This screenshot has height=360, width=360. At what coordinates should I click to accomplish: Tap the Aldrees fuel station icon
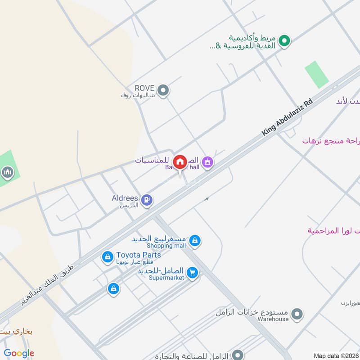click(146, 200)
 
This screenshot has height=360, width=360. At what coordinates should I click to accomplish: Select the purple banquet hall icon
click(207, 162)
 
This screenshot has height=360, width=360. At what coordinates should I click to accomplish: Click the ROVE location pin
click(164, 90)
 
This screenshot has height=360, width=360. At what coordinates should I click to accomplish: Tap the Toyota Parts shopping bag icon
click(108, 257)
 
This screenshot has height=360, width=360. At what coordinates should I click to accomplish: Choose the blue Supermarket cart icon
click(192, 273)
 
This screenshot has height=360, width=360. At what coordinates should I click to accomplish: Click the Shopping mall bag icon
click(194, 241)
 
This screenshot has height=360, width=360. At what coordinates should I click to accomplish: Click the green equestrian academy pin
click(283, 42)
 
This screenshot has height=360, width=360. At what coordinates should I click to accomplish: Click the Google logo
click(19, 353)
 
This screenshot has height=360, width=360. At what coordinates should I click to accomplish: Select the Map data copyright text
click(336, 355)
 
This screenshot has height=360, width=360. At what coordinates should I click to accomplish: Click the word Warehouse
click(273, 319)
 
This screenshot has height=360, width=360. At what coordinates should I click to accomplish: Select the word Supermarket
click(166, 278)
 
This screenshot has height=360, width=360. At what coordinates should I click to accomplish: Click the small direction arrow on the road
click(207, 198)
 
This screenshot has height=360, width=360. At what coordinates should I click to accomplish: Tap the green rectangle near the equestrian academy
click(317, 75)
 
